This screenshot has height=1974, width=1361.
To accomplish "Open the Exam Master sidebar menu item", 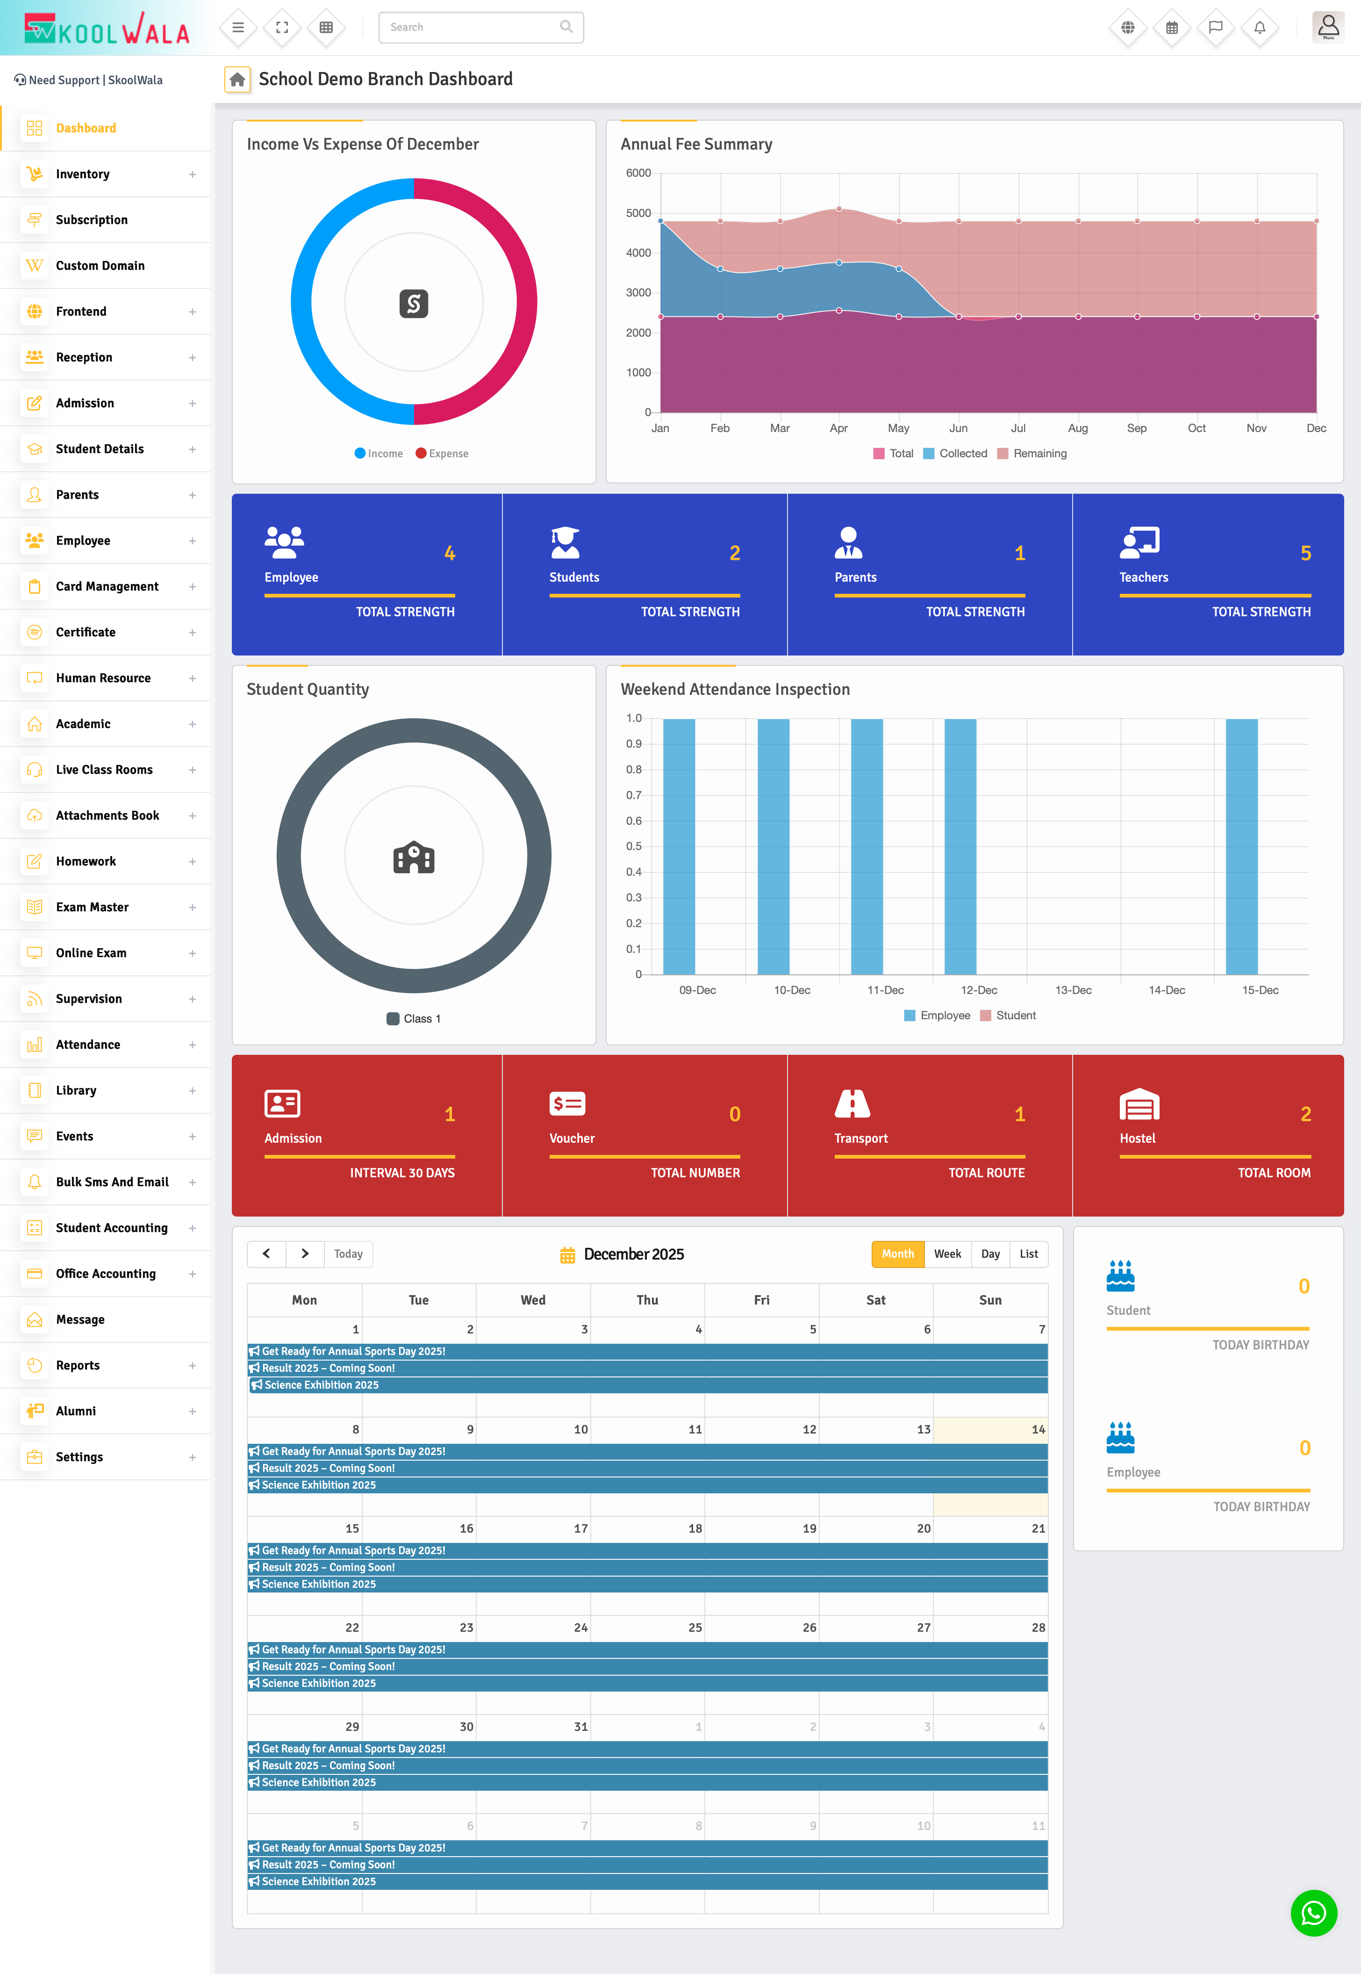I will (x=92, y=907).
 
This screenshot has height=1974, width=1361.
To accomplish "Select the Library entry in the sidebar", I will (x=76, y=1090).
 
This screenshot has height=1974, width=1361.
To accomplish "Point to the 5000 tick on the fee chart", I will (x=639, y=213).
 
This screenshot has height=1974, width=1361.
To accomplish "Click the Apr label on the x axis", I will (x=838, y=428).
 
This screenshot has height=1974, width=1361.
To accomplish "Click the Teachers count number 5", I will (x=1305, y=554).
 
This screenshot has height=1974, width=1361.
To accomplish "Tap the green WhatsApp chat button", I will (x=1313, y=1913).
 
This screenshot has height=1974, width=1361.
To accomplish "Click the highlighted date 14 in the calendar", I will (x=1038, y=1430).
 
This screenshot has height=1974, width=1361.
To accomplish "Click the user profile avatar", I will (x=1328, y=27).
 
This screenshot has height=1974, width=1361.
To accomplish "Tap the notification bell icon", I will (x=1260, y=27).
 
